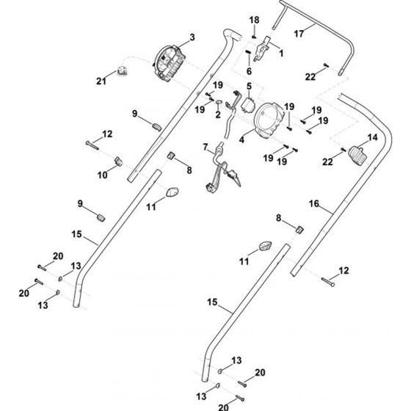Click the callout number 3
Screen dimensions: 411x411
point(192,37)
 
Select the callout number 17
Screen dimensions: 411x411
point(299,34)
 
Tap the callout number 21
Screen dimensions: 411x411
point(101,81)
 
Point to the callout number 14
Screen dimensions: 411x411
point(373,137)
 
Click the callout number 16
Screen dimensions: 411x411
point(314,203)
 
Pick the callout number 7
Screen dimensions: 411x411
point(205,147)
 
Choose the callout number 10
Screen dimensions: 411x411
point(103,175)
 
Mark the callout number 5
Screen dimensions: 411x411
point(249,87)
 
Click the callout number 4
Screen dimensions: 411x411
point(241,139)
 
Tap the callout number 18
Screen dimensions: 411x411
point(254,20)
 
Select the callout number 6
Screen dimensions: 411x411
point(249,71)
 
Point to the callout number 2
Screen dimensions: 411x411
point(218,114)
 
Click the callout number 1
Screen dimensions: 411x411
point(281,54)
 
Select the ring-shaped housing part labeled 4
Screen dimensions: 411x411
point(269,120)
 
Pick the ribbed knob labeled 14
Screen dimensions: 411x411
point(358,156)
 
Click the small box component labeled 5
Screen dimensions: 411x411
point(248,104)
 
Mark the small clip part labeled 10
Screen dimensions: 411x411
point(119,161)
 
